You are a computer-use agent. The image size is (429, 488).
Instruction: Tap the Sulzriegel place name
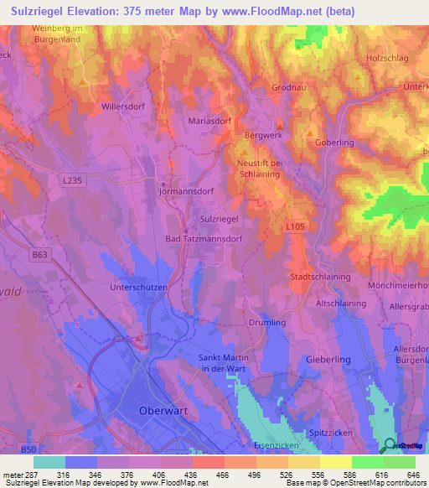coord(220,218)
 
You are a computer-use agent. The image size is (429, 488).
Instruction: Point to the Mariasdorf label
coord(208,120)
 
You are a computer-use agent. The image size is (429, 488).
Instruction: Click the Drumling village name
coord(267,322)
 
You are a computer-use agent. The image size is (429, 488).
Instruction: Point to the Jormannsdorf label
coord(188,191)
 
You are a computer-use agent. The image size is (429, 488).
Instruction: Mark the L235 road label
coord(73,179)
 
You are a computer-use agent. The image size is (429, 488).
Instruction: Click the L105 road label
coord(294,226)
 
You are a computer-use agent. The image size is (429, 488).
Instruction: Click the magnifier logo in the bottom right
coord(389,445)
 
